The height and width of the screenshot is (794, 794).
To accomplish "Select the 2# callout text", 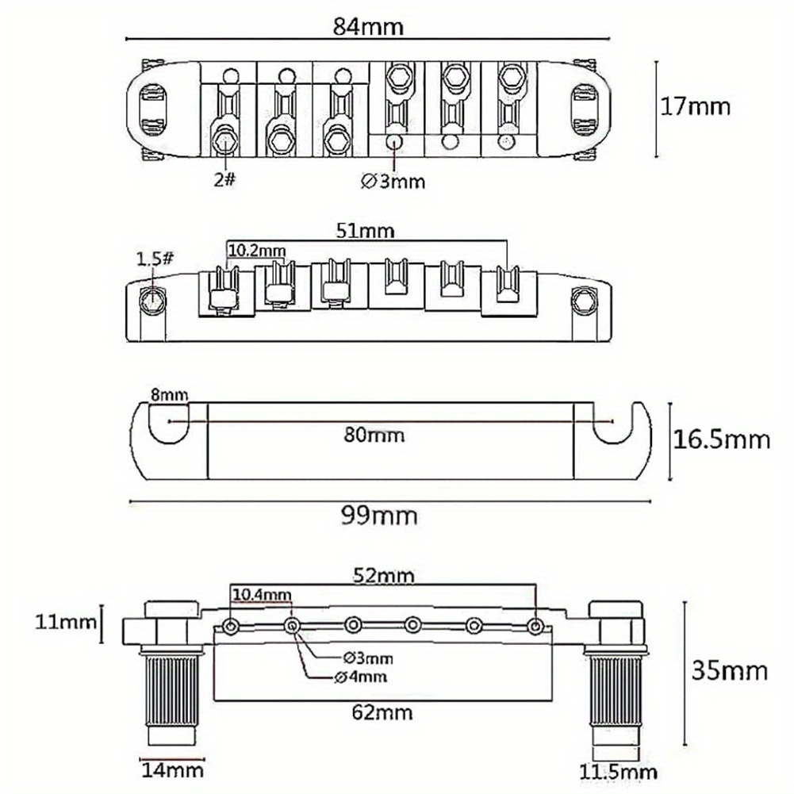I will click(x=224, y=180).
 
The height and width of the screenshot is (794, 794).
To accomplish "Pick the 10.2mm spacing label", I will click(x=256, y=250).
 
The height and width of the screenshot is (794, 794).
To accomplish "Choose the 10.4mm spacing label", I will click(x=262, y=593).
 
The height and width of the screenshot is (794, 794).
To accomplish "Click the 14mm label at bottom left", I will click(x=172, y=769).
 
